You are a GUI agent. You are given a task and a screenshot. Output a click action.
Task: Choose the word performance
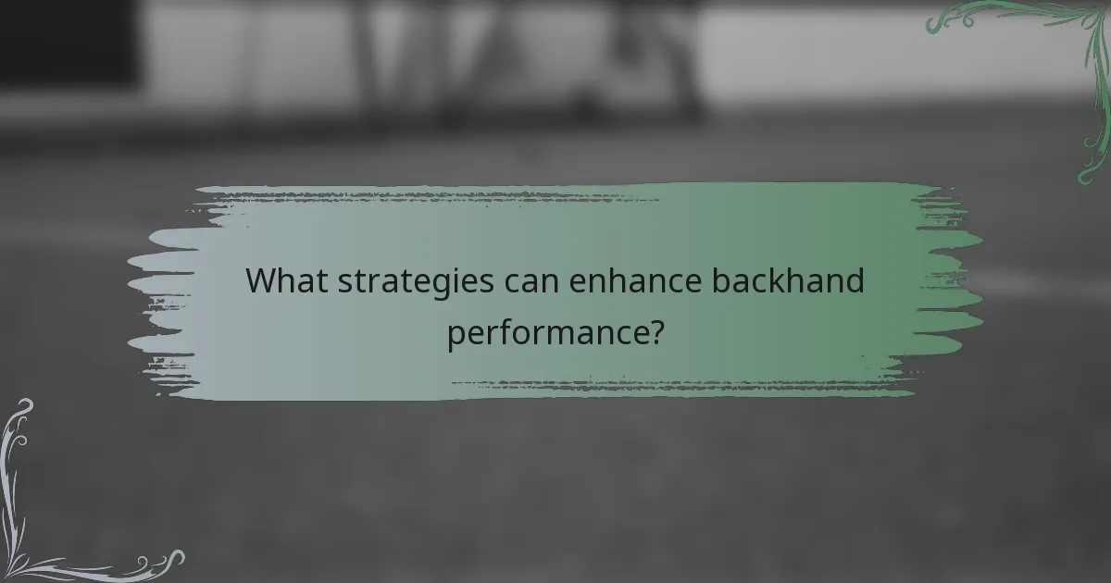pyautogui.click(x=546, y=332)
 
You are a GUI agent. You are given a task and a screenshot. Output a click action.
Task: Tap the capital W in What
pyautogui.click(x=262, y=281)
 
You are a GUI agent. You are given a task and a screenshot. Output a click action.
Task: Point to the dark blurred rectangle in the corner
pyautogui.click(x=65, y=42)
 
